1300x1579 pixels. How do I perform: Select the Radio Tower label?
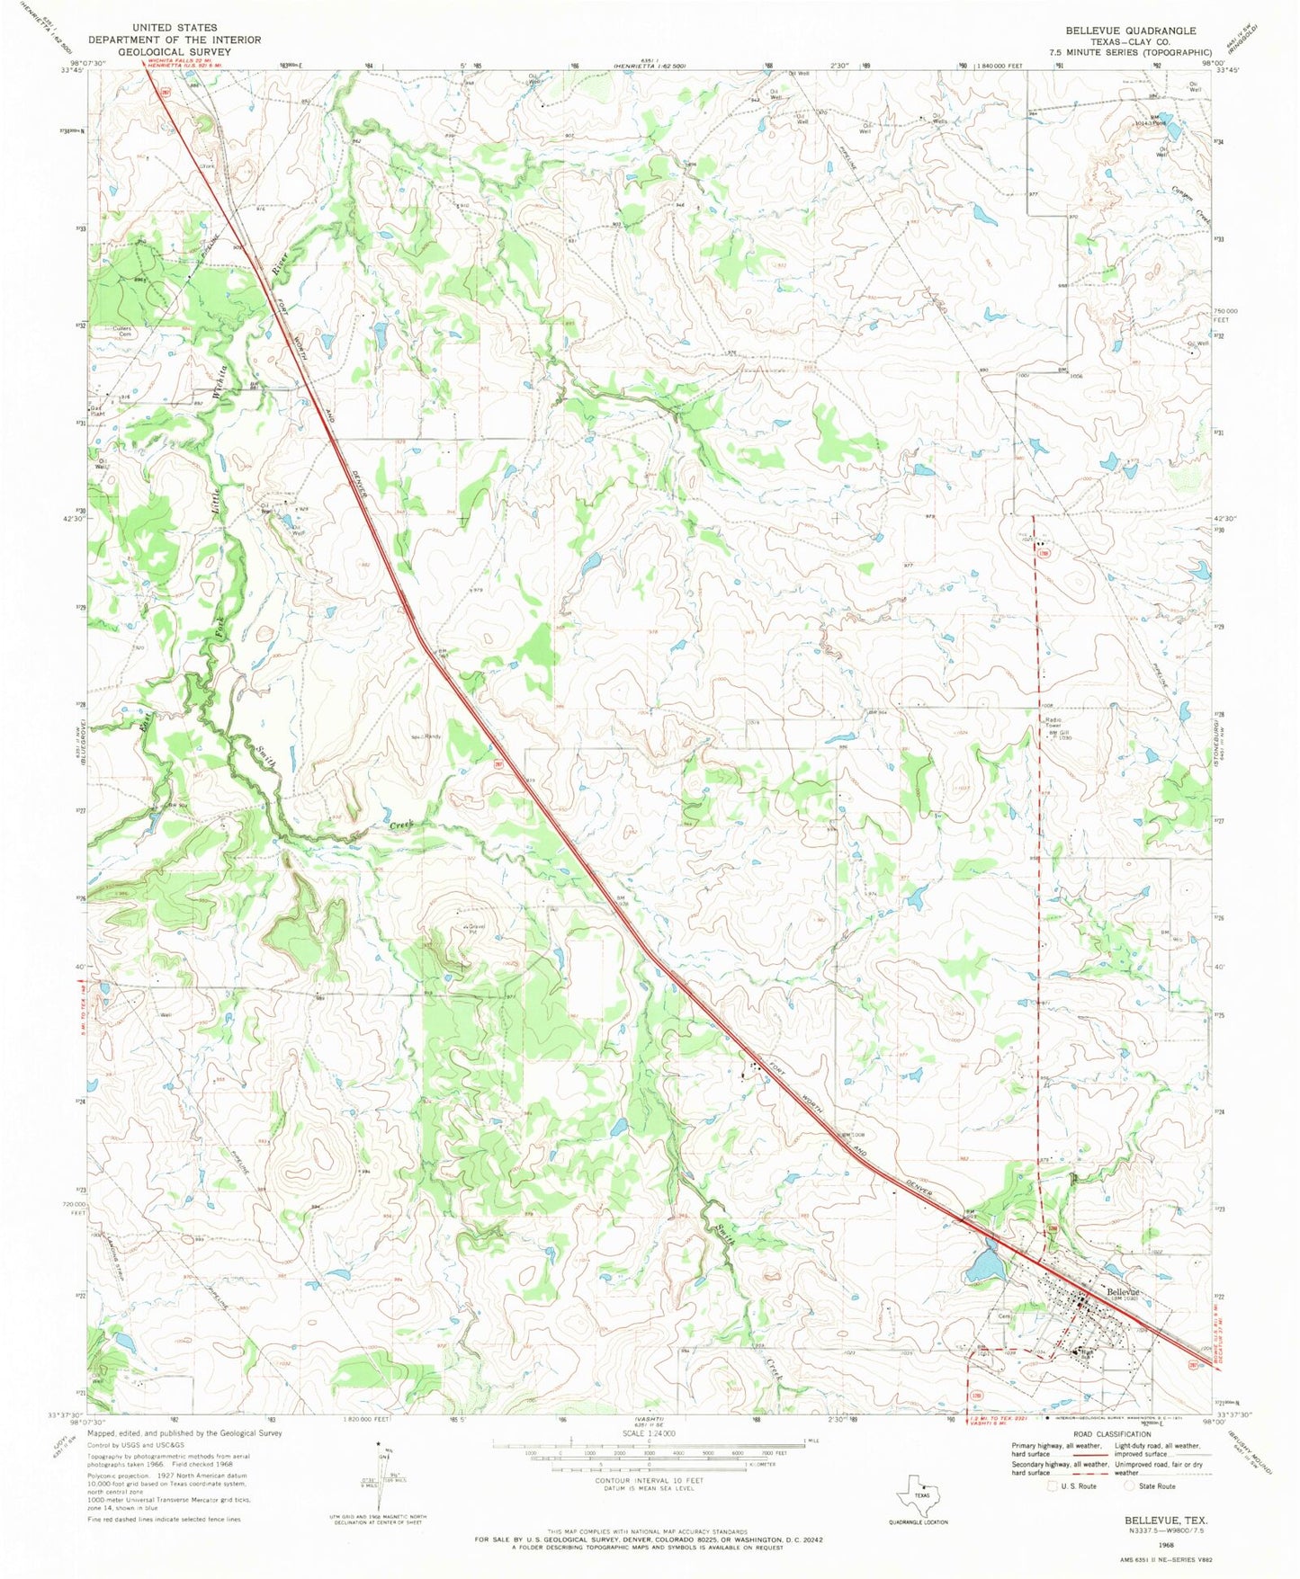pyautogui.click(x=1054, y=723)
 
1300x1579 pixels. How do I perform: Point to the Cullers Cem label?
pyautogui.click(x=122, y=331)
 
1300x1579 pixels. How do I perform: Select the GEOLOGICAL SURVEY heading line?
pyautogui.click(x=173, y=52)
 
